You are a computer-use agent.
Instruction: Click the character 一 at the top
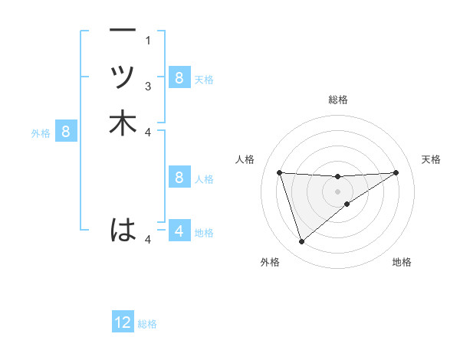(123, 31)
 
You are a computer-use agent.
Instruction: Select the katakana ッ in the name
(123, 77)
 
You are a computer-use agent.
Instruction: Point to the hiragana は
(123, 229)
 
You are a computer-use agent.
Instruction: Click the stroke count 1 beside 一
(148, 40)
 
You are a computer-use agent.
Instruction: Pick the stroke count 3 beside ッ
(148, 86)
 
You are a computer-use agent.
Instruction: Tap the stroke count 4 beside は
(148, 240)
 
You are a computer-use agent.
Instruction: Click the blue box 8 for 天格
(179, 77)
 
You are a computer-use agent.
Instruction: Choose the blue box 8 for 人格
(179, 178)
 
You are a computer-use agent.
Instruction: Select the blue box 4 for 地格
(179, 231)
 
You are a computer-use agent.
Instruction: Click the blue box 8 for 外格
(66, 132)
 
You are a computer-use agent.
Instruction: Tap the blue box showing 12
(123, 322)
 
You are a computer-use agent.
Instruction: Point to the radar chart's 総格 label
(338, 100)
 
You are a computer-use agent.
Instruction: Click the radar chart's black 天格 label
(431, 159)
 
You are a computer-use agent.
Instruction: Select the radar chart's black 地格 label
(402, 262)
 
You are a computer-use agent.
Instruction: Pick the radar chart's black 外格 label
(270, 262)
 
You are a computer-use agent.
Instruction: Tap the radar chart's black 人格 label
(245, 159)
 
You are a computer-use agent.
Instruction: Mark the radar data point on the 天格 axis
(396, 172)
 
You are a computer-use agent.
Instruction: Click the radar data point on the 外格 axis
(301, 242)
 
